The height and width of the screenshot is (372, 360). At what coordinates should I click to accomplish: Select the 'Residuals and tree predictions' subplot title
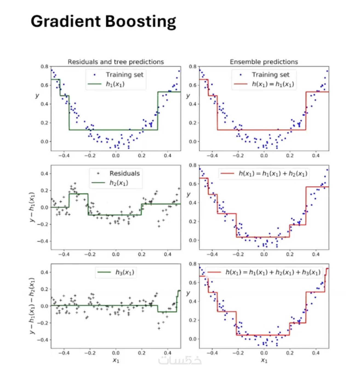[x=116, y=62]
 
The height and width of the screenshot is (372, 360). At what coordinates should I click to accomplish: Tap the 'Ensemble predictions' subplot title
[x=264, y=62]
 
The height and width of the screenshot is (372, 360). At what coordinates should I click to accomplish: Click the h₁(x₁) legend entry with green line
[x=115, y=84]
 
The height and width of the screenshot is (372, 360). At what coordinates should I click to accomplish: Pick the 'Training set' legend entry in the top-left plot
[x=124, y=75]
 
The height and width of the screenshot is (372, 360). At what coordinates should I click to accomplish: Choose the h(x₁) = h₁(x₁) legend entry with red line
[x=273, y=84]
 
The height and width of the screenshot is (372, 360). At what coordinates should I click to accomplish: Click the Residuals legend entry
[x=124, y=173]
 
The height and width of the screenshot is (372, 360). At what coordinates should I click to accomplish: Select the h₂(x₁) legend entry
[x=119, y=183]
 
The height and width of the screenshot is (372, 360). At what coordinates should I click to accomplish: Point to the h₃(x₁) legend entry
[x=125, y=272]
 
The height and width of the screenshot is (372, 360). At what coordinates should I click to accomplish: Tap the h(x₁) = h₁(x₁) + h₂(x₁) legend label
[x=273, y=173]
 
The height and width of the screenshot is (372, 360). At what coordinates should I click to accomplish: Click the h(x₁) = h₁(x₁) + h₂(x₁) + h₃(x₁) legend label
[x=273, y=272]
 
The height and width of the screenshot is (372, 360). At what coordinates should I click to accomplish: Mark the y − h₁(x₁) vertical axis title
[x=32, y=207]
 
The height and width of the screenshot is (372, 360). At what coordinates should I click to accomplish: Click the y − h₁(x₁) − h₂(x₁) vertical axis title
[x=32, y=306]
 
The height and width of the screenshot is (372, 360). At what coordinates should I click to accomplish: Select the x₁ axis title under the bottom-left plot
[x=116, y=360]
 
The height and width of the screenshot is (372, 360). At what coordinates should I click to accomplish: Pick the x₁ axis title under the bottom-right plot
[x=264, y=360]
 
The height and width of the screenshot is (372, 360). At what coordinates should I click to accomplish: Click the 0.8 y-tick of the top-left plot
[x=44, y=67]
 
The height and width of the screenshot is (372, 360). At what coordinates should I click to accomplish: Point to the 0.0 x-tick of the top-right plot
[x=264, y=155]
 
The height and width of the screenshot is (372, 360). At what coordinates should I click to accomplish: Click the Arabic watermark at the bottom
[x=180, y=360]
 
